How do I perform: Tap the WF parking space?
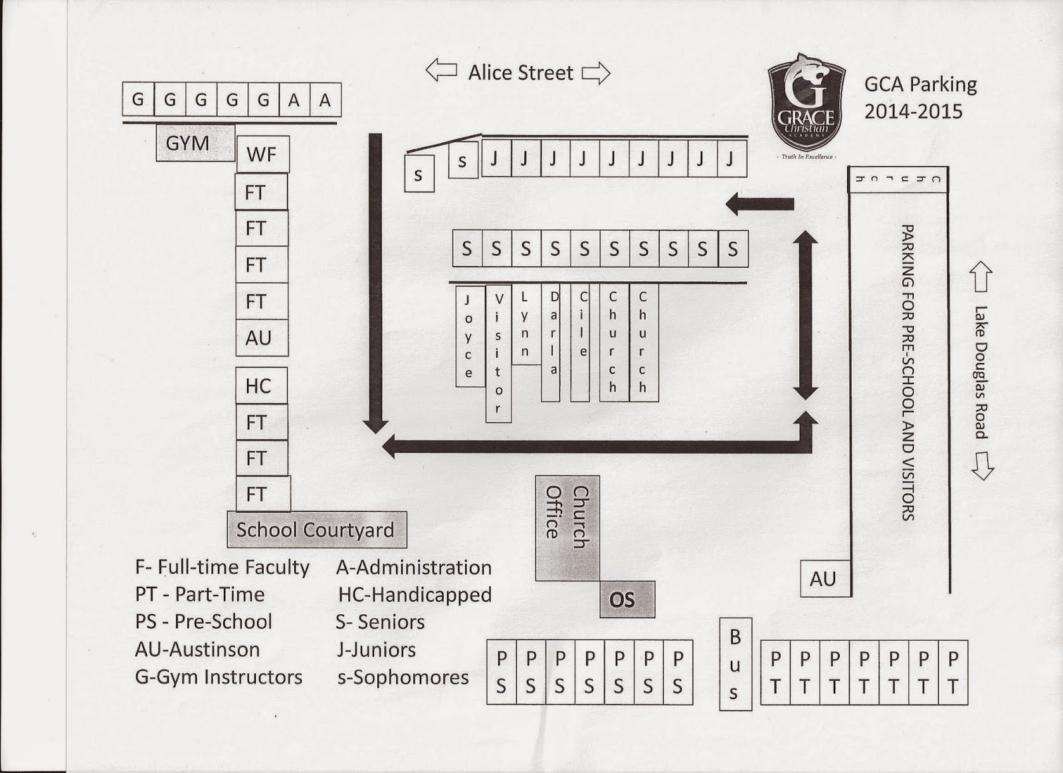(x=262, y=155)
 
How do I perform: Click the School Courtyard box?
(x=316, y=530)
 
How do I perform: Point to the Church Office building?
(x=567, y=528)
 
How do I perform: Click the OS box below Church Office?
(x=627, y=600)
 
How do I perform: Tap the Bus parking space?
(x=735, y=664)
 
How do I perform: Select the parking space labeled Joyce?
(x=469, y=336)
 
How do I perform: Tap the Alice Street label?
(x=520, y=72)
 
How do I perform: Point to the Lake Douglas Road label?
(x=981, y=372)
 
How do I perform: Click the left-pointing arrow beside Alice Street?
(x=441, y=70)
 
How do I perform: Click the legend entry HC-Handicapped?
(x=415, y=595)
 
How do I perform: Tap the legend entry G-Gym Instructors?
(x=219, y=677)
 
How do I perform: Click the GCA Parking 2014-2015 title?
(x=920, y=97)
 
